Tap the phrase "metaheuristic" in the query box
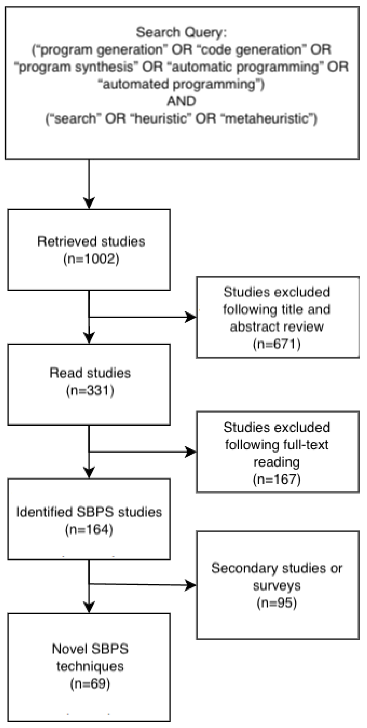click(270, 118)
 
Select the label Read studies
click(90, 373)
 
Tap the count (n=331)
click(90, 390)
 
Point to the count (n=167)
click(277, 479)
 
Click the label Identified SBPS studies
click(89, 512)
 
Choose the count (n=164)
click(89, 529)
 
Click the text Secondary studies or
click(277, 568)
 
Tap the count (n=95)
click(277, 603)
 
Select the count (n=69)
click(90, 684)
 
